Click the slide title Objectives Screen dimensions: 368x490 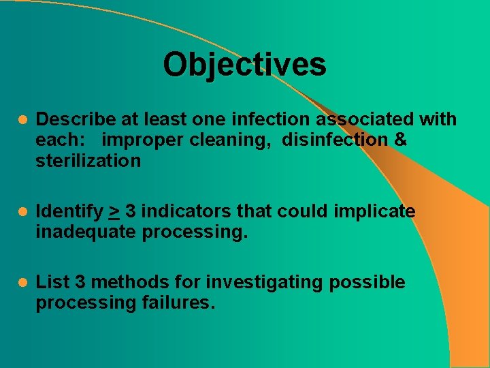[244, 65]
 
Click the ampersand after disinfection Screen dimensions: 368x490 [400, 140]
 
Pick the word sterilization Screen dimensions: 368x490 [88, 161]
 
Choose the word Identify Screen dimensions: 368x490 [69, 212]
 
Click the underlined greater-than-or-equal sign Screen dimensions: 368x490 [114, 212]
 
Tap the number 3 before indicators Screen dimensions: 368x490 [130, 212]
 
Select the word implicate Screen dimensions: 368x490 [374, 212]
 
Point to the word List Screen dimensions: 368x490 [51, 282]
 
